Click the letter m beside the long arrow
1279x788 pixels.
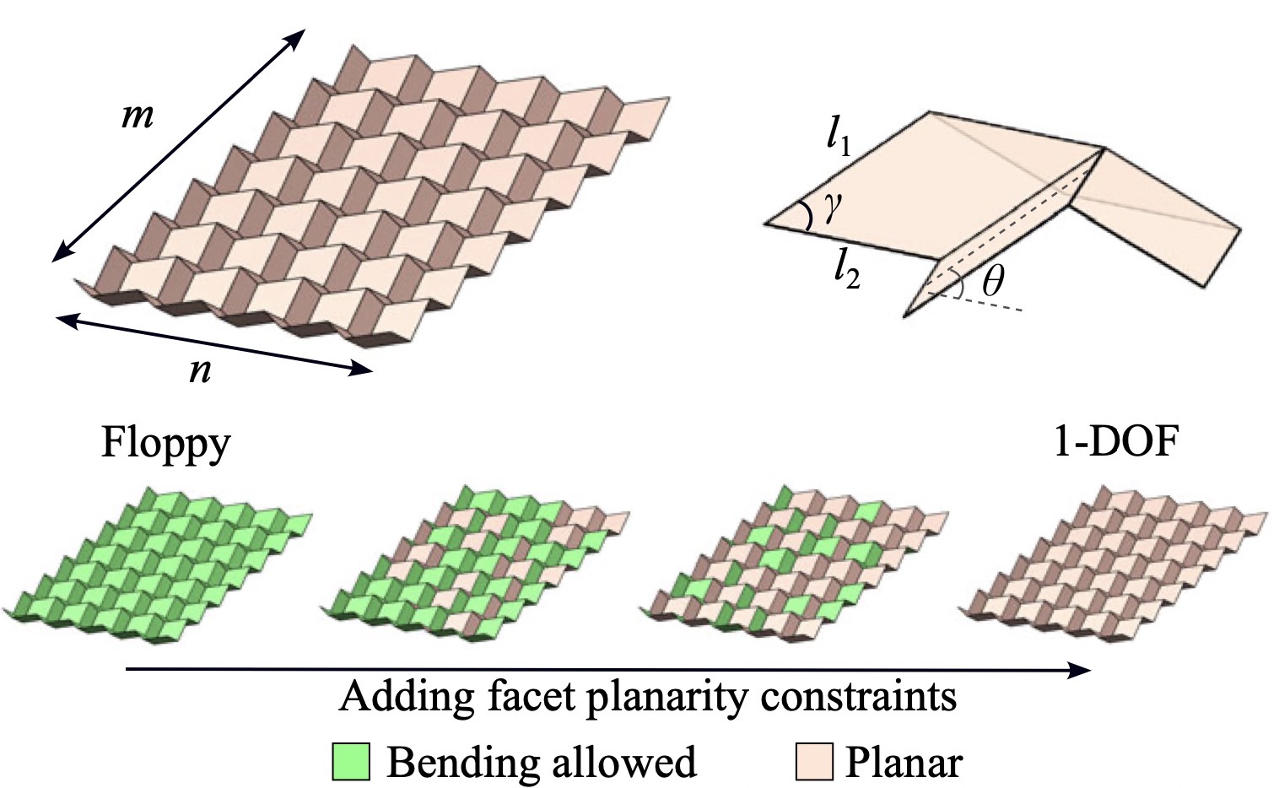[138, 117]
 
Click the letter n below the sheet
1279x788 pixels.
[201, 371]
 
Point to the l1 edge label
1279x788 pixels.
[839, 141]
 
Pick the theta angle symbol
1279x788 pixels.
[992, 282]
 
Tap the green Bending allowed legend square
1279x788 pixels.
[351, 761]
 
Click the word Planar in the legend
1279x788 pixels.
[904, 762]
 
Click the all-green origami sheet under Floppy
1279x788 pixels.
[158, 566]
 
